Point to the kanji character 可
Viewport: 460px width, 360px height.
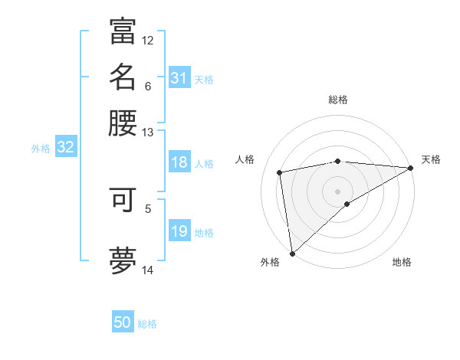pyautogui.click(x=123, y=200)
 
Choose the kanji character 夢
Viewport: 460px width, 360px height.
pyautogui.click(x=123, y=260)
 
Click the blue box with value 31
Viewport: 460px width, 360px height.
pyautogui.click(x=179, y=78)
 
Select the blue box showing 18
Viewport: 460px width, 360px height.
pyautogui.click(x=179, y=163)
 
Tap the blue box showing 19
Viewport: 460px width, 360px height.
pyautogui.click(x=179, y=232)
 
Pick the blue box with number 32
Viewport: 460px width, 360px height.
pyautogui.click(x=65, y=149)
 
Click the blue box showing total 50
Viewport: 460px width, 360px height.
pyautogui.click(x=123, y=322)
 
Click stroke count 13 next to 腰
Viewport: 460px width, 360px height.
pyautogui.click(x=148, y=133)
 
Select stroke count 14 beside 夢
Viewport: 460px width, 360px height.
pyautogui.click(x=148, y=270)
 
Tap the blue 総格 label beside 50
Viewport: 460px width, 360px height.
pyautogui.click(x=147, y=324)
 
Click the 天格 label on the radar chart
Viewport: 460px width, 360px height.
pyautogui.click(x=431, y=159)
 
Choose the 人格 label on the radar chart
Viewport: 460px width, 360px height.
pyautogui.click(x=245, y=159)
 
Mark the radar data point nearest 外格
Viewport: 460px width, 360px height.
pyautogui.click(x=292, y=253)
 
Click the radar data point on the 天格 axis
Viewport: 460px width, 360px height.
pyautogui.click(x=411, y=168)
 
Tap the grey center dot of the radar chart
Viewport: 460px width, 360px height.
pyautogui.click(x=338, y=191)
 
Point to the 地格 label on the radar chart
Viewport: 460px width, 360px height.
pyautogui.click(x=402, y=262)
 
